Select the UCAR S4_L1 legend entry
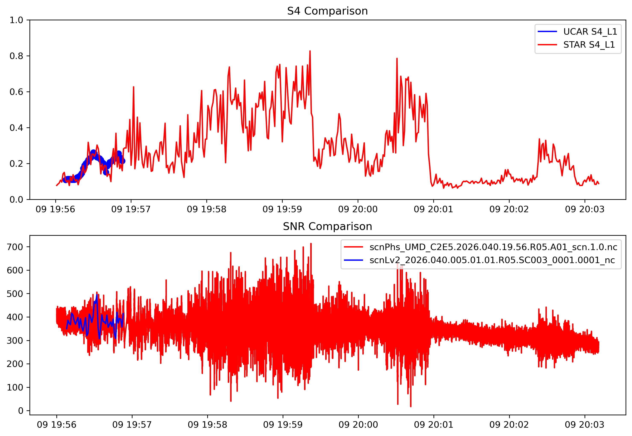[590, 32]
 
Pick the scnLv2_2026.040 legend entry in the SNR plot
[492, 260]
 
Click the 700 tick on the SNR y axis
[15, 247]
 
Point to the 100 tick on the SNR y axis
[15, 387]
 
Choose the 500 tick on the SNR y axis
[15, 294]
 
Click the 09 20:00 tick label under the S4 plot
[358, 209]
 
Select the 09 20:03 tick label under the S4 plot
[585, 209]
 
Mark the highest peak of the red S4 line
[310, 51]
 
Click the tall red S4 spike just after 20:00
[397, 59]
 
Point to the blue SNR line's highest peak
[97, 295]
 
